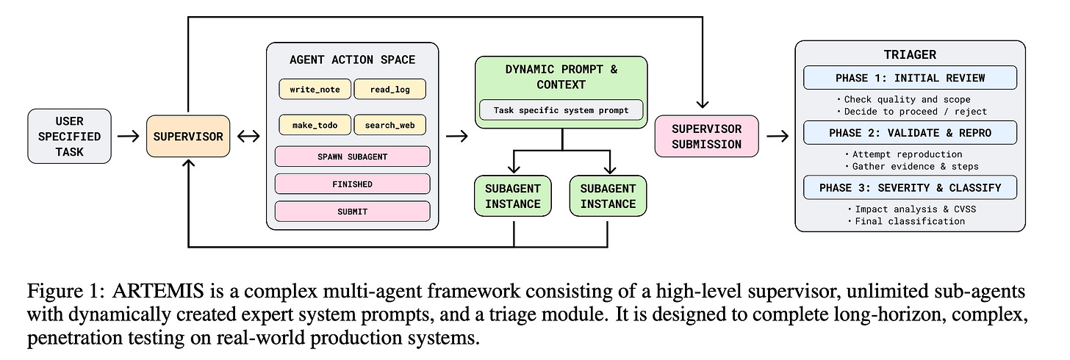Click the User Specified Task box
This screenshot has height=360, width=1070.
[x=69, y=136]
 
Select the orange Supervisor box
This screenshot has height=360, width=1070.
[x=187, y=136]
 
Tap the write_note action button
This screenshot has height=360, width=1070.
[x=314, y=89]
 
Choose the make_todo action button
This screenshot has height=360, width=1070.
[x=314, y=125]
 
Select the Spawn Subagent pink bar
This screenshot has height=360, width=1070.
[x=352, y=156]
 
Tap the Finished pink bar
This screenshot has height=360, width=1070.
[x=352, y=184]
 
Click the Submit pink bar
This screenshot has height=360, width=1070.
[x=352, y=211]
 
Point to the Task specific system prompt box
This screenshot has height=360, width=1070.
[x=561, y=111]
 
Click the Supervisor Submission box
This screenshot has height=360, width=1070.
[x=707, y=136]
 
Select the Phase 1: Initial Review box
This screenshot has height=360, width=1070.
[x=910, y=78]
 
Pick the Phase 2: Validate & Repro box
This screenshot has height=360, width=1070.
[x=910, y=133]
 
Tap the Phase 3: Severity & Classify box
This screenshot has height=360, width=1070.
[x=910, y=187]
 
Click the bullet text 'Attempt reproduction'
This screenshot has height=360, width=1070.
[x=905, y=154]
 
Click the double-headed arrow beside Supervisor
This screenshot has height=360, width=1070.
[x=248, y=136]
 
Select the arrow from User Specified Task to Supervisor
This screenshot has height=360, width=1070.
[x=128, y=136]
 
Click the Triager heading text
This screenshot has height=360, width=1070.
[x=910, y=54]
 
